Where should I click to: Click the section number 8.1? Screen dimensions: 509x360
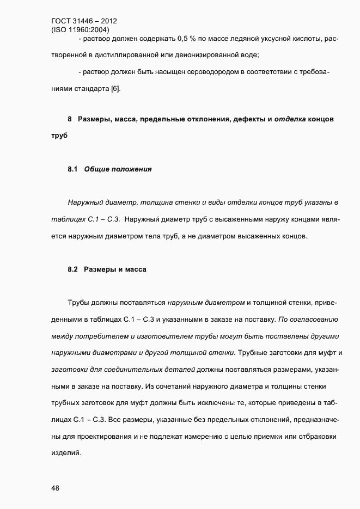[74, 169]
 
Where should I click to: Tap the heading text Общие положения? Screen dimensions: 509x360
[118, 169]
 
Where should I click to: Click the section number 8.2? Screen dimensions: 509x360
[74, 269]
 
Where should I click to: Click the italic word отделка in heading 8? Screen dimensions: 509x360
[290, 119]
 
